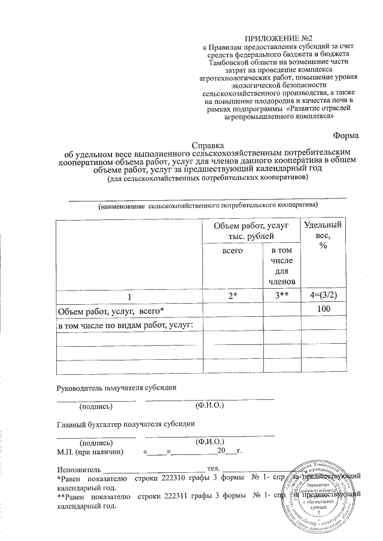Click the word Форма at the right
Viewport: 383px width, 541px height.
coord(346,135)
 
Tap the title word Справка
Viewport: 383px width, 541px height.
coord(208,145)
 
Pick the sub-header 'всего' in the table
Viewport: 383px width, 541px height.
coord(232,252)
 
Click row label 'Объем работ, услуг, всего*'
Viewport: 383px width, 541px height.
coord(110,311)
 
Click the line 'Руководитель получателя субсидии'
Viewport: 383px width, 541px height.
coord(117,387)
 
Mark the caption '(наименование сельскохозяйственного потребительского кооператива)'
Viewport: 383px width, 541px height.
coord(208,205)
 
